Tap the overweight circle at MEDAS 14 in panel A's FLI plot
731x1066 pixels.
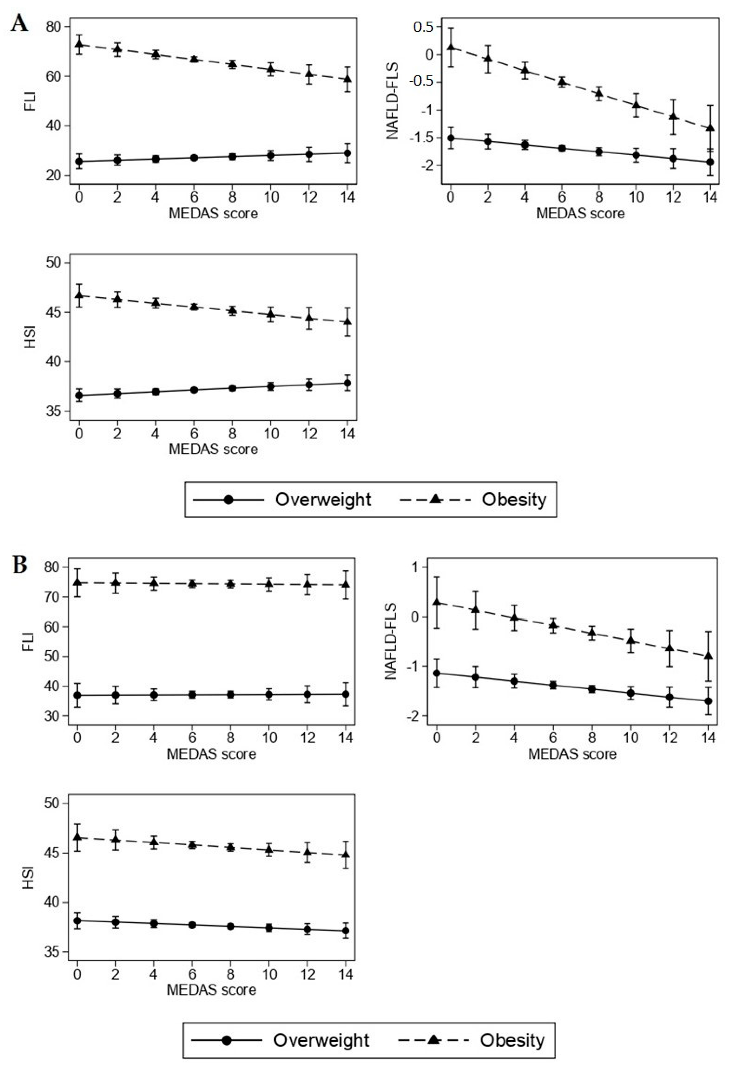point(348,153)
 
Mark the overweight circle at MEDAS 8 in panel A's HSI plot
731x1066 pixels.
point(232,388)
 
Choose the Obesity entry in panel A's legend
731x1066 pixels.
point(513,499)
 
